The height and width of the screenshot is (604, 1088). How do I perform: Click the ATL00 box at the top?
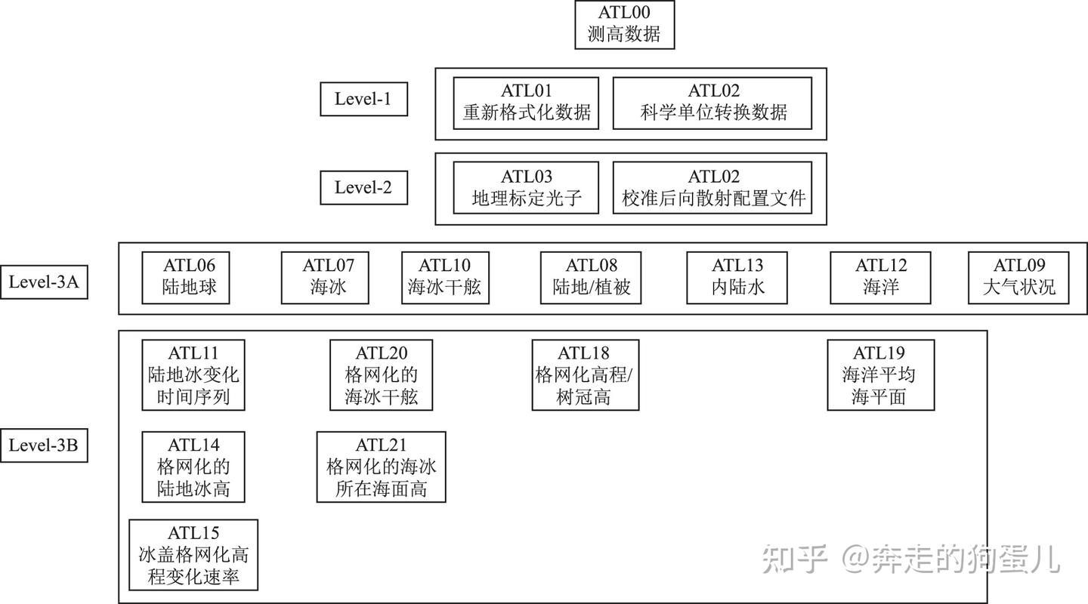(625, 24)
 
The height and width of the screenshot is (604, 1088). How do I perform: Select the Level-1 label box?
(364, 99)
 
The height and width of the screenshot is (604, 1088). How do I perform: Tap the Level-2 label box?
(364, 187)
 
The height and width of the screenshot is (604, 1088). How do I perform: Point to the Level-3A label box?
(44, 282)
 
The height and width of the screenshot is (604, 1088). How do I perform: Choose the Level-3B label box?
(44, 445)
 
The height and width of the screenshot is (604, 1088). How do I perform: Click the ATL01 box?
(526, 103)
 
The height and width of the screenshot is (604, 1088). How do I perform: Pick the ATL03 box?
(526, 188)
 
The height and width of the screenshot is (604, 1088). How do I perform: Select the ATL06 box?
(186, 278)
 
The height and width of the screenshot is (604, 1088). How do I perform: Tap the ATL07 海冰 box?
(325, 278)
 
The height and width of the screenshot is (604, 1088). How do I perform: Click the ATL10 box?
(446, 278)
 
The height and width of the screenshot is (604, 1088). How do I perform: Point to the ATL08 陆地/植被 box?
(591, 278)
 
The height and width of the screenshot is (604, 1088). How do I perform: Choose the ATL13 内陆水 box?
(737, 278)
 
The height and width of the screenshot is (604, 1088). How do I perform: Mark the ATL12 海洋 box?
(881, 278)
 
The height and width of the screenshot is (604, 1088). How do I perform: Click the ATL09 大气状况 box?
(1018, 278)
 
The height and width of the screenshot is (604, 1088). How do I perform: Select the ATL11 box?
(193, 374)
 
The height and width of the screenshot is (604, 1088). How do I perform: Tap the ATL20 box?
(382, 374)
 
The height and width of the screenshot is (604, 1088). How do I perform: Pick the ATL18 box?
(586, 374)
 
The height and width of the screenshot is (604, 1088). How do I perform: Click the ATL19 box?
(881, 374)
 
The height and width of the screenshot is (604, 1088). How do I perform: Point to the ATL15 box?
(193, 555)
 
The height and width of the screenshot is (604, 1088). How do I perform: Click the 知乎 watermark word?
(795, 559)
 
